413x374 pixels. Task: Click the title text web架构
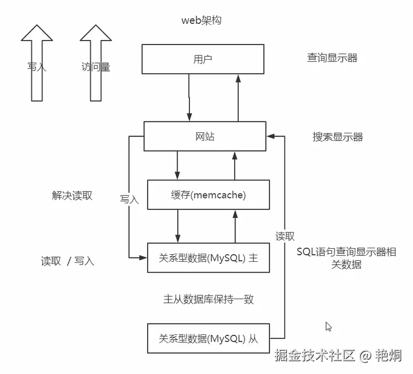[x=201, y=21]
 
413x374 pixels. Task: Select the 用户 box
[x=203, y=59]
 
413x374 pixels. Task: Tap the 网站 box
[x=205, y=136]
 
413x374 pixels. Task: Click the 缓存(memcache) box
[x=208, y=195]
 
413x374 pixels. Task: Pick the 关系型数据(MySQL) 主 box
[x=208, y=258]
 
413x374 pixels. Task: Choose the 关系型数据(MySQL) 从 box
[x=208, y=339]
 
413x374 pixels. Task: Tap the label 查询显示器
[x=332, y=58]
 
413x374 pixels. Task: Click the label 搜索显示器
[x=338, y=137]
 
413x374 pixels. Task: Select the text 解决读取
[x=72, y=196]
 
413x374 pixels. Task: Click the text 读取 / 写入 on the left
[x=68, y=261]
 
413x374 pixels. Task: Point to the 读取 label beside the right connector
[x=285, y=236]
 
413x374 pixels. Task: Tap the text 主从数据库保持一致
[x=208, y=299]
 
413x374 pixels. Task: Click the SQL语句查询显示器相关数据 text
[x=346, y=258]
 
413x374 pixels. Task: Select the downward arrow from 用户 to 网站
[x=189, y=98]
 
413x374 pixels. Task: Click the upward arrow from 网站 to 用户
[x=237, y=98]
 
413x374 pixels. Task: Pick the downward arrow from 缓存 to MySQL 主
[x=178, y=226]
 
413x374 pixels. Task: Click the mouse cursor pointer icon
[x=328, y=326]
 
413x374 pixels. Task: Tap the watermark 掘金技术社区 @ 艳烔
[x=338, y=356]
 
